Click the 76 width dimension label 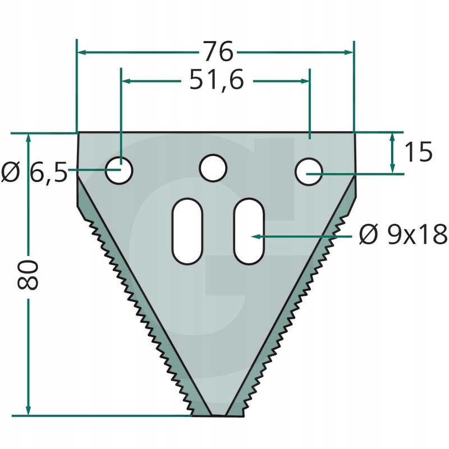(219, 52)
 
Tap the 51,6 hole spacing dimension (217, 80)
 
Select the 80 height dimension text (28, 274)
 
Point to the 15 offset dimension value (418, 152)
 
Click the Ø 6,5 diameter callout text (34, 172)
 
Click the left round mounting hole (119, 171)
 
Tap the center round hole (213, 168)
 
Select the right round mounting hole (309, 172)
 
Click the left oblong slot (187, 231)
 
